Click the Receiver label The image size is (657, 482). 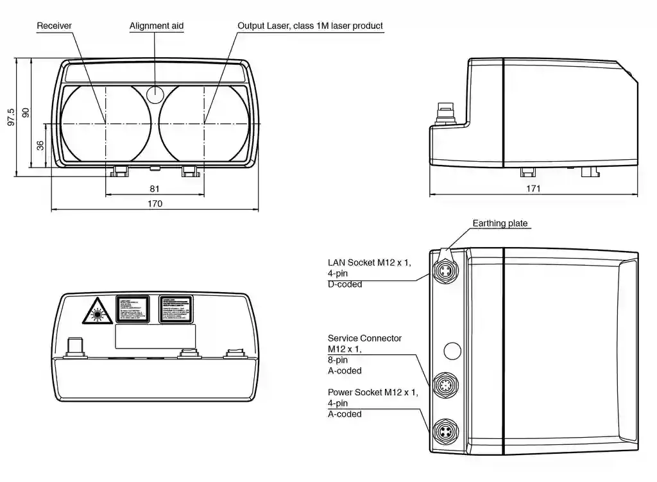coord(55,26)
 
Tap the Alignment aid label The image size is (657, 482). coord(157,26)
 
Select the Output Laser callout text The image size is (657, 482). coord(310,26)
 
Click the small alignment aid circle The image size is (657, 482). coord(155,94)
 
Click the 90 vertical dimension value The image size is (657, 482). coord(26,112)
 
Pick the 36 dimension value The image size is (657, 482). coord(40,145)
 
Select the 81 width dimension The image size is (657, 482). coord(155,189)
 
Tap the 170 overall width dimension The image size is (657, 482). coord(155,204)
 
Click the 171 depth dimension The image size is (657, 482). coord(533,189)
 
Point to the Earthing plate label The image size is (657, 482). coord(500,223)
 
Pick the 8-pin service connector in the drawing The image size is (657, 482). coord(444,386)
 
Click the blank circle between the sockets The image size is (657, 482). coord(452,350)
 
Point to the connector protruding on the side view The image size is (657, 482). coord(444,114)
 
